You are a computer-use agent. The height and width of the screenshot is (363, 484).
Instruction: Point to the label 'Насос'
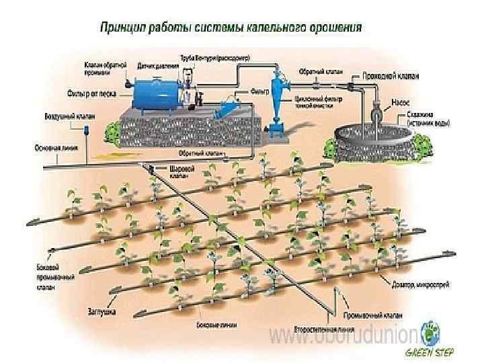[x=401, y=103]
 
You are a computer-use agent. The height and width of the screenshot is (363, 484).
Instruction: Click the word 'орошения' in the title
[x=332, y=28]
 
